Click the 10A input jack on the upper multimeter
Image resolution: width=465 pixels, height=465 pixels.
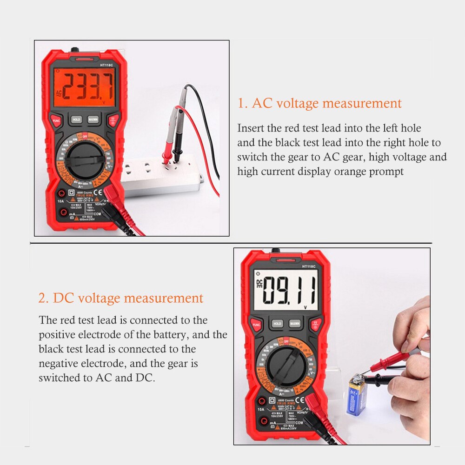61,194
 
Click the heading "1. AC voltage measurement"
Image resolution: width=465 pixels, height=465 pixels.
319,103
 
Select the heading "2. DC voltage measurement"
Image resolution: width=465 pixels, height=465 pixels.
121,298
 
